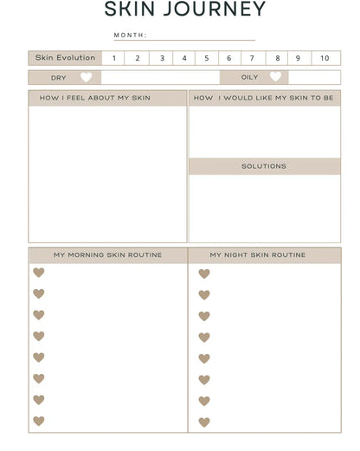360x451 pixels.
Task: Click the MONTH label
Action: tap(130, 35)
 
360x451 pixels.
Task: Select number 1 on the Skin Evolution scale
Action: tap(112, 58)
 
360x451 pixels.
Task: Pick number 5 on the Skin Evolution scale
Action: tap(206, 58)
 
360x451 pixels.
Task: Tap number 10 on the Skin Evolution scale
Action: tap(325, 58)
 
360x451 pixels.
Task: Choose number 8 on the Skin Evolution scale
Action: tap(277, 58)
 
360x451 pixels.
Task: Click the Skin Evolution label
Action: tap(65, 58)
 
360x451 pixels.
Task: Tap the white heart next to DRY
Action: tap(85, 77)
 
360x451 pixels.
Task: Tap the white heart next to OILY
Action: tap(275, 77)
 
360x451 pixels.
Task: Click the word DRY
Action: tap(58, 78)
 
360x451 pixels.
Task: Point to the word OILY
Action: tap(249, 77)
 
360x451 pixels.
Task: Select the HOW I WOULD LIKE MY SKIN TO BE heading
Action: tap(264, 98)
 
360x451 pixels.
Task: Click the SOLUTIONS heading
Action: tap(264, 166)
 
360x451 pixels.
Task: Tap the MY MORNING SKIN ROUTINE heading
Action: tap(107, 255)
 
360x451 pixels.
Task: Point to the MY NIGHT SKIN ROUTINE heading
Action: tap(258, 255)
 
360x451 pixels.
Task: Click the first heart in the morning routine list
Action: tap(39, 273)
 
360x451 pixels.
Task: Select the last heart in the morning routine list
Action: tap(39, 422)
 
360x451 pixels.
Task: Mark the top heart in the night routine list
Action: tap(204, 274)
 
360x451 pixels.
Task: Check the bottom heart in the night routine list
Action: tap(204, 422)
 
